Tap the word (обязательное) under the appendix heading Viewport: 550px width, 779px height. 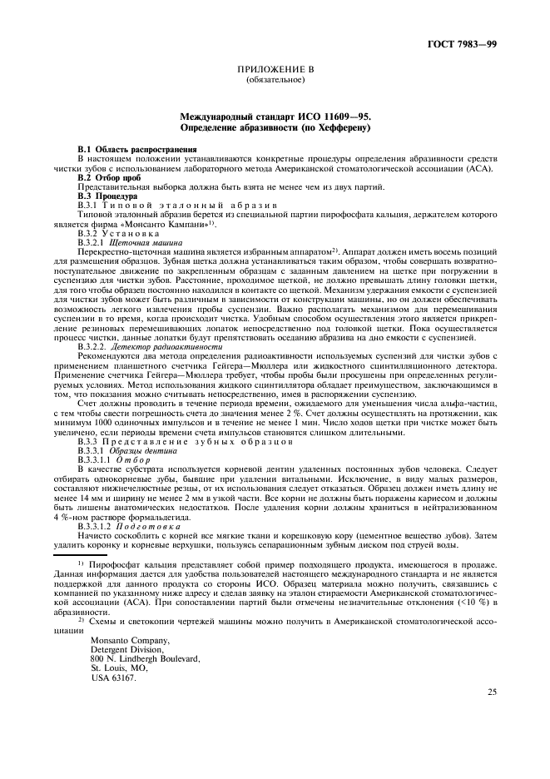[275, 81]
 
